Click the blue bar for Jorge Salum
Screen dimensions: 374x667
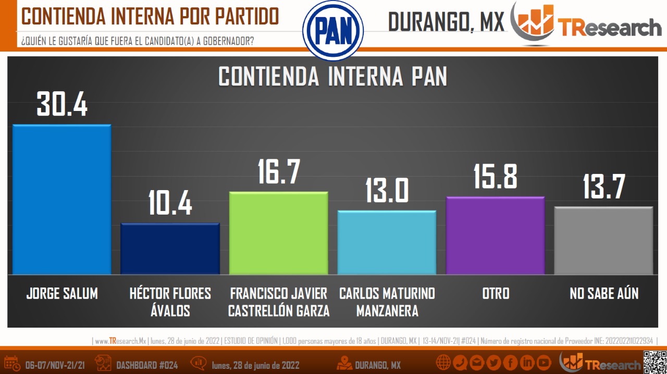61,200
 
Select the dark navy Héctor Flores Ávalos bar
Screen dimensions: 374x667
170,249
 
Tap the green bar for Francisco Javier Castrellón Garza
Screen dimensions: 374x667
278,233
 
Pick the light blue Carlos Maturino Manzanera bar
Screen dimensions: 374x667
387,243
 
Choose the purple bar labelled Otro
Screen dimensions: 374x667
495,235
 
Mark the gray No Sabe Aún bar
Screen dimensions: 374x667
603,241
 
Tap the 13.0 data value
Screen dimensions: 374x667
387,190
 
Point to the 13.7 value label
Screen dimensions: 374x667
603,186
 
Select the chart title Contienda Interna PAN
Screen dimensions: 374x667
332,77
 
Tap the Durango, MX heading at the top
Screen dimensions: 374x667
447,22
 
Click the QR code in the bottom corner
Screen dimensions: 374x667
654,362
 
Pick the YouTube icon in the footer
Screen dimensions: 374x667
544,363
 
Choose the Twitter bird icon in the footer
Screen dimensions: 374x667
493,363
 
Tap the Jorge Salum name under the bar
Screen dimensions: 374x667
62,294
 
